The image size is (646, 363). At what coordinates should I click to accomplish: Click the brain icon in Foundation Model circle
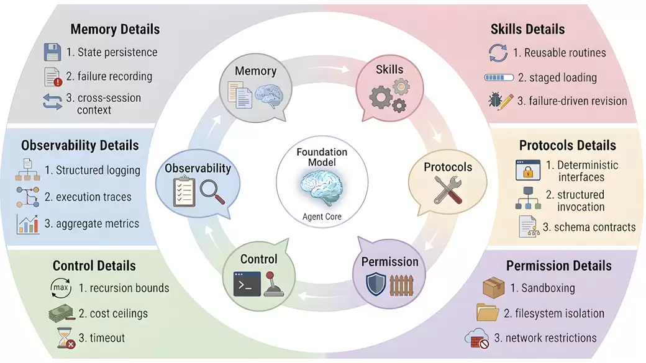[x=322, y=186]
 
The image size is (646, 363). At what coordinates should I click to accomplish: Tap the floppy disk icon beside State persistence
[x=52, y=52]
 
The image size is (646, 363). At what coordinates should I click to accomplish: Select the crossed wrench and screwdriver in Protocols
[x=447, y=189]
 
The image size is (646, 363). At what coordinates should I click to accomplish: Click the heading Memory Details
[x=115, y=29]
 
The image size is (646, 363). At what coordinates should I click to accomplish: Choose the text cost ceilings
[x=119, y=313]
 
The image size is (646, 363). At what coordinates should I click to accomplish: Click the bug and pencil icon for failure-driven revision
[x=500, y=101]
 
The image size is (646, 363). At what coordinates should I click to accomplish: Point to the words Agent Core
[x=322, y=217]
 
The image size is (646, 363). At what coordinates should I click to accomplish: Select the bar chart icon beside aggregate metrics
[x=29, y=224]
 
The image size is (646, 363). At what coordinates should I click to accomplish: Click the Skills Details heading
[x=527, y=29]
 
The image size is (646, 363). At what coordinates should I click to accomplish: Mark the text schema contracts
[x=589, y=226]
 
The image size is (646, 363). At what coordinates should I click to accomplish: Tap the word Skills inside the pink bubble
[x=389, y=69]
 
